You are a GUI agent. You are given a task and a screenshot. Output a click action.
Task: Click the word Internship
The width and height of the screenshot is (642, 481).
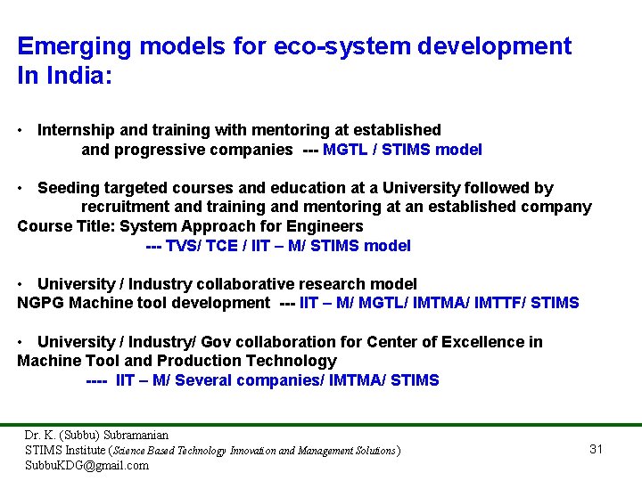(78, 130)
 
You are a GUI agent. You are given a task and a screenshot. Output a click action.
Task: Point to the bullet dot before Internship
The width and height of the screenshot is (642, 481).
(21, 130)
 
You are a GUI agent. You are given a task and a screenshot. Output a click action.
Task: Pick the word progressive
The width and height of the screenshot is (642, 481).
(160, 150)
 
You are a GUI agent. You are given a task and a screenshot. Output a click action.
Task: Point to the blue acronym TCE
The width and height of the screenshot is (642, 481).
(222, 246)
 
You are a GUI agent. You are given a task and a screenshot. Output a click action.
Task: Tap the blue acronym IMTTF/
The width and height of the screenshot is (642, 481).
(498, 303)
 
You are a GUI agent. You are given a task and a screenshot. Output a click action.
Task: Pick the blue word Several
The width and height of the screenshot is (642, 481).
(210, 380)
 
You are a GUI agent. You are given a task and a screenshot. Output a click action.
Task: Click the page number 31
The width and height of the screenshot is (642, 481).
(597, 449)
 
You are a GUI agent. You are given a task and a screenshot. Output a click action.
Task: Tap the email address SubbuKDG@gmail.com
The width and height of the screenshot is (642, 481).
(86, 465)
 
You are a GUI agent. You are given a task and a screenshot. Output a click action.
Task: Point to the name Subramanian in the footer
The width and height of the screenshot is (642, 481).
(136, 436)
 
